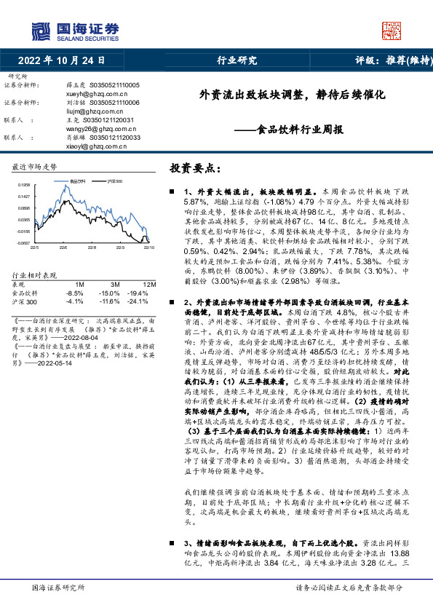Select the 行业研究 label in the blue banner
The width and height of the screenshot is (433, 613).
pos(238,61)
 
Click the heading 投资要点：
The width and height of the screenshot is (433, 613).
pos(195,168)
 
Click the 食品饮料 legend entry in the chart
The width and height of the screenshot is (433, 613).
pos(78,181)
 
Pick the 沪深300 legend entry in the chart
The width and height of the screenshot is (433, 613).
pos(114,181)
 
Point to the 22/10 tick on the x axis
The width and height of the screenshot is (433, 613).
pos(149,247)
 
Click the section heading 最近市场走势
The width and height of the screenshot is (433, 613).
pos(35,166)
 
